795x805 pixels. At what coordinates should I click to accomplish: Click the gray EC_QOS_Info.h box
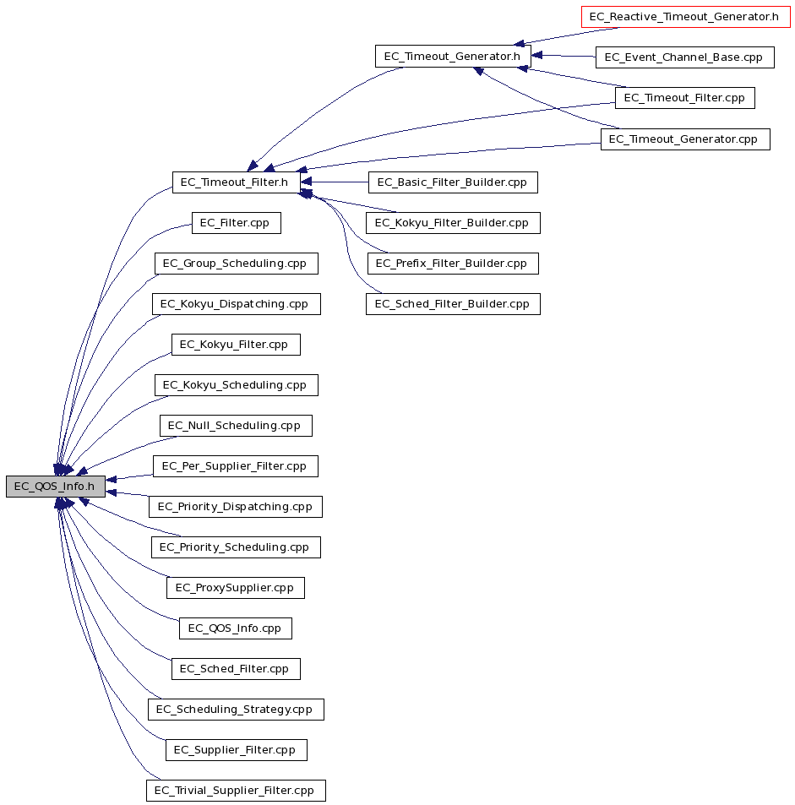56,487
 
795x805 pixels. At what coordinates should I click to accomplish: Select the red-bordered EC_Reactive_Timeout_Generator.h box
686,16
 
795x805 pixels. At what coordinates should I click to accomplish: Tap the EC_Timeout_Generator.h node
453,56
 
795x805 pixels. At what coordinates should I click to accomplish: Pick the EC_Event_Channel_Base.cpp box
684,57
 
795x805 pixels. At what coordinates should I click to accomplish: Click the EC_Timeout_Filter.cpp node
684,97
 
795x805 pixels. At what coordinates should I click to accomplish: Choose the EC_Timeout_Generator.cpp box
685,139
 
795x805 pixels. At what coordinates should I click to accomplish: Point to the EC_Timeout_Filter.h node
237,182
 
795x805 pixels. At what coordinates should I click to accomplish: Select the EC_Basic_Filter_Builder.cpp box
453,182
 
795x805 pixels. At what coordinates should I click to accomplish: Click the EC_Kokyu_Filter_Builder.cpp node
453,223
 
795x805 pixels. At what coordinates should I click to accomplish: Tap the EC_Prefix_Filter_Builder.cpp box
453,264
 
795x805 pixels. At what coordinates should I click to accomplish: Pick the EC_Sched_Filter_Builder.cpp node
453,304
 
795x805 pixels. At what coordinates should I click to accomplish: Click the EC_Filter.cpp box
237,223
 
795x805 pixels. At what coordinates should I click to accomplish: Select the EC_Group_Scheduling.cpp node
237,264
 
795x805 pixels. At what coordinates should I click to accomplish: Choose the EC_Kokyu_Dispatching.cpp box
237,304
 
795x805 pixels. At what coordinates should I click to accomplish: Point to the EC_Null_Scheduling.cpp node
236,426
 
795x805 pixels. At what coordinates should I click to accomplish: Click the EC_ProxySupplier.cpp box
235,588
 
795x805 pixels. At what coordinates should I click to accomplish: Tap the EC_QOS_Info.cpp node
235,628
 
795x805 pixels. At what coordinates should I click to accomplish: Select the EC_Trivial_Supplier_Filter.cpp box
236,791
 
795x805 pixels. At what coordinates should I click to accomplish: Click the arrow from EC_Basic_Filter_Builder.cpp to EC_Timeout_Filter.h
335,182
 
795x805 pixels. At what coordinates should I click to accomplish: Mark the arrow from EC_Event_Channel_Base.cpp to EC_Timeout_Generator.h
564,56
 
